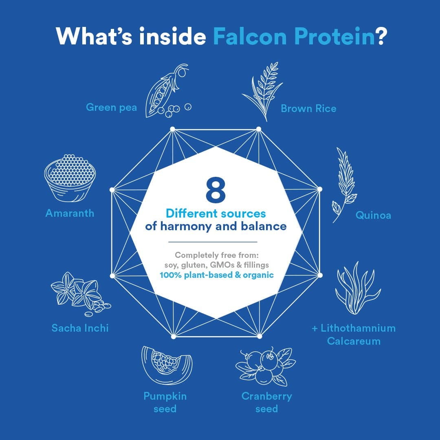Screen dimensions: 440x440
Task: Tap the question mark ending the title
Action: [381, 37]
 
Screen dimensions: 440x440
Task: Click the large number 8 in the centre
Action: [216, 190]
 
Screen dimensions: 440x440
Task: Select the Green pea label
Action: [111, 108]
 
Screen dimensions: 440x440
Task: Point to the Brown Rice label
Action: [308, 109]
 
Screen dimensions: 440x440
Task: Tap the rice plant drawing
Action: [262, 92]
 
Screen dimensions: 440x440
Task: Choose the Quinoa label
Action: [373, 215]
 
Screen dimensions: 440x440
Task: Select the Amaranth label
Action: [70, 213]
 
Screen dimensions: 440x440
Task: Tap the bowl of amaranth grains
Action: [70, 178]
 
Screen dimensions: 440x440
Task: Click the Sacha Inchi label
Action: [80, 328]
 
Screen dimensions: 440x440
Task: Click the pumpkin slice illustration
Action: [167, 365]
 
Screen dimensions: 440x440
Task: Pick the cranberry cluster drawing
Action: [266, 367]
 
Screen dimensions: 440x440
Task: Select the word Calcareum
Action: [354, 341]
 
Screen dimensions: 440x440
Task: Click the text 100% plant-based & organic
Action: [217, 275]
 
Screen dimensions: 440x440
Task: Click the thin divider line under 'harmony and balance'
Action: [213, 242]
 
